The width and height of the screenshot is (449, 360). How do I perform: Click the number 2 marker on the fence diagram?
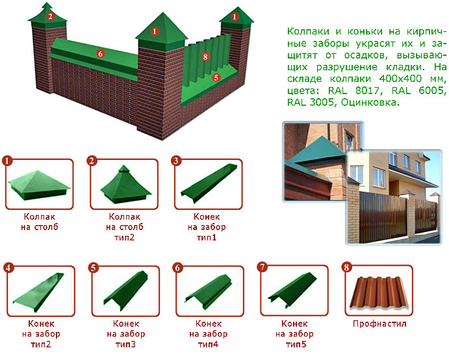[51, 16]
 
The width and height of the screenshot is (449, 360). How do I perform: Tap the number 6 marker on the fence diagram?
[100, 53]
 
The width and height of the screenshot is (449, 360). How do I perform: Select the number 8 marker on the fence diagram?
[205, 57]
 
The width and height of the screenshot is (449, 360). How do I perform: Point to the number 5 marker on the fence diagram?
[216, 77]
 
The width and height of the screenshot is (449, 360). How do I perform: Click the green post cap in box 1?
[39, 185]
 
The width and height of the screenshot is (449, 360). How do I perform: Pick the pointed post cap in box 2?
[125, 185]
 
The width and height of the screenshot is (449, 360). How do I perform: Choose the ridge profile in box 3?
[209, 183]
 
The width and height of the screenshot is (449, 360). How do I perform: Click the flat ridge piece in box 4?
[38, 292]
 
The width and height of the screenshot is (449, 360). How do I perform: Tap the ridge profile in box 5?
[125, 290]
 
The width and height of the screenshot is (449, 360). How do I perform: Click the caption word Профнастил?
[379, 324]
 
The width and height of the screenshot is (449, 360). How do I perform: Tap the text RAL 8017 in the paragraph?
[355, 90]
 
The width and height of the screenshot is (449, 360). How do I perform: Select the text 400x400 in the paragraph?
[400, 79]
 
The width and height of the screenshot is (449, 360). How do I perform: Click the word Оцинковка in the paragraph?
[370, 102]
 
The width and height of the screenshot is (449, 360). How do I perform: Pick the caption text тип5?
[296, 344]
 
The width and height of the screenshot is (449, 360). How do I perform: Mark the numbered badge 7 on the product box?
[263, 267]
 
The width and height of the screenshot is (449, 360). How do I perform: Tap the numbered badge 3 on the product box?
[176, 161]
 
